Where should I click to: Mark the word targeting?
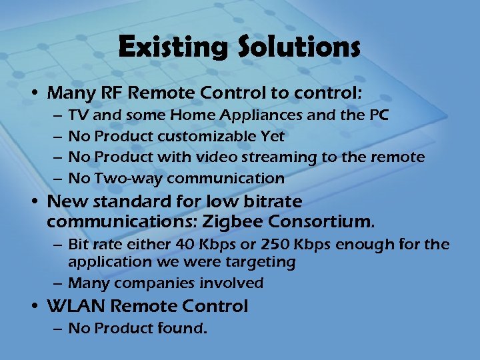point(264,262)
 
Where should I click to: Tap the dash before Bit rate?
point(58,245)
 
